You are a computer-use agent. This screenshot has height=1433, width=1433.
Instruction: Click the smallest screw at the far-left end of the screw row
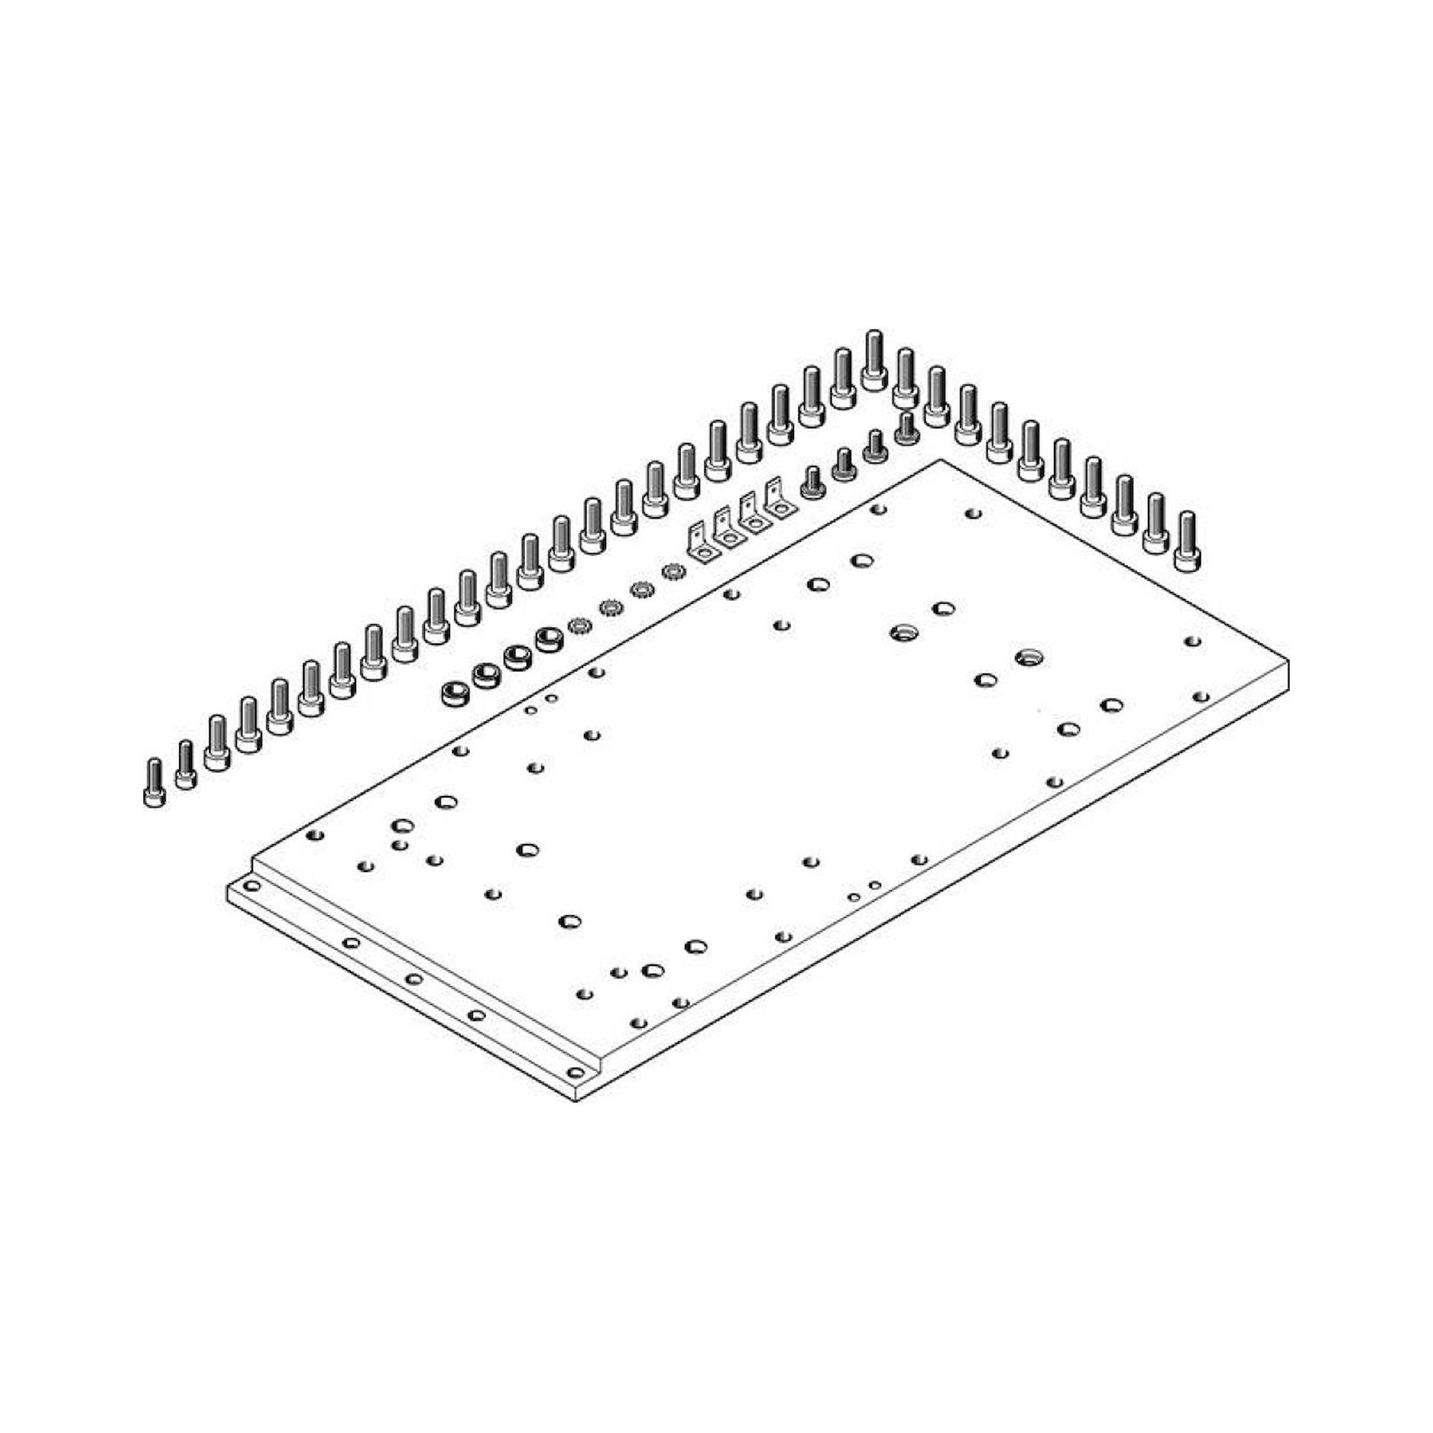[153, 782]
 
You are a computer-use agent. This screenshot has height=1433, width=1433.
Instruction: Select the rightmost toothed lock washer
[672, 572]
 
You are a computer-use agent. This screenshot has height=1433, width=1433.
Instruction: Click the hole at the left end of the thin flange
[252, 886]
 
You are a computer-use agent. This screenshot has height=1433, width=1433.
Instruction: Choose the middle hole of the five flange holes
[414, 979]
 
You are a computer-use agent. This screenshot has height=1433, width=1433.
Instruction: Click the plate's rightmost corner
[1288, 661]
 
